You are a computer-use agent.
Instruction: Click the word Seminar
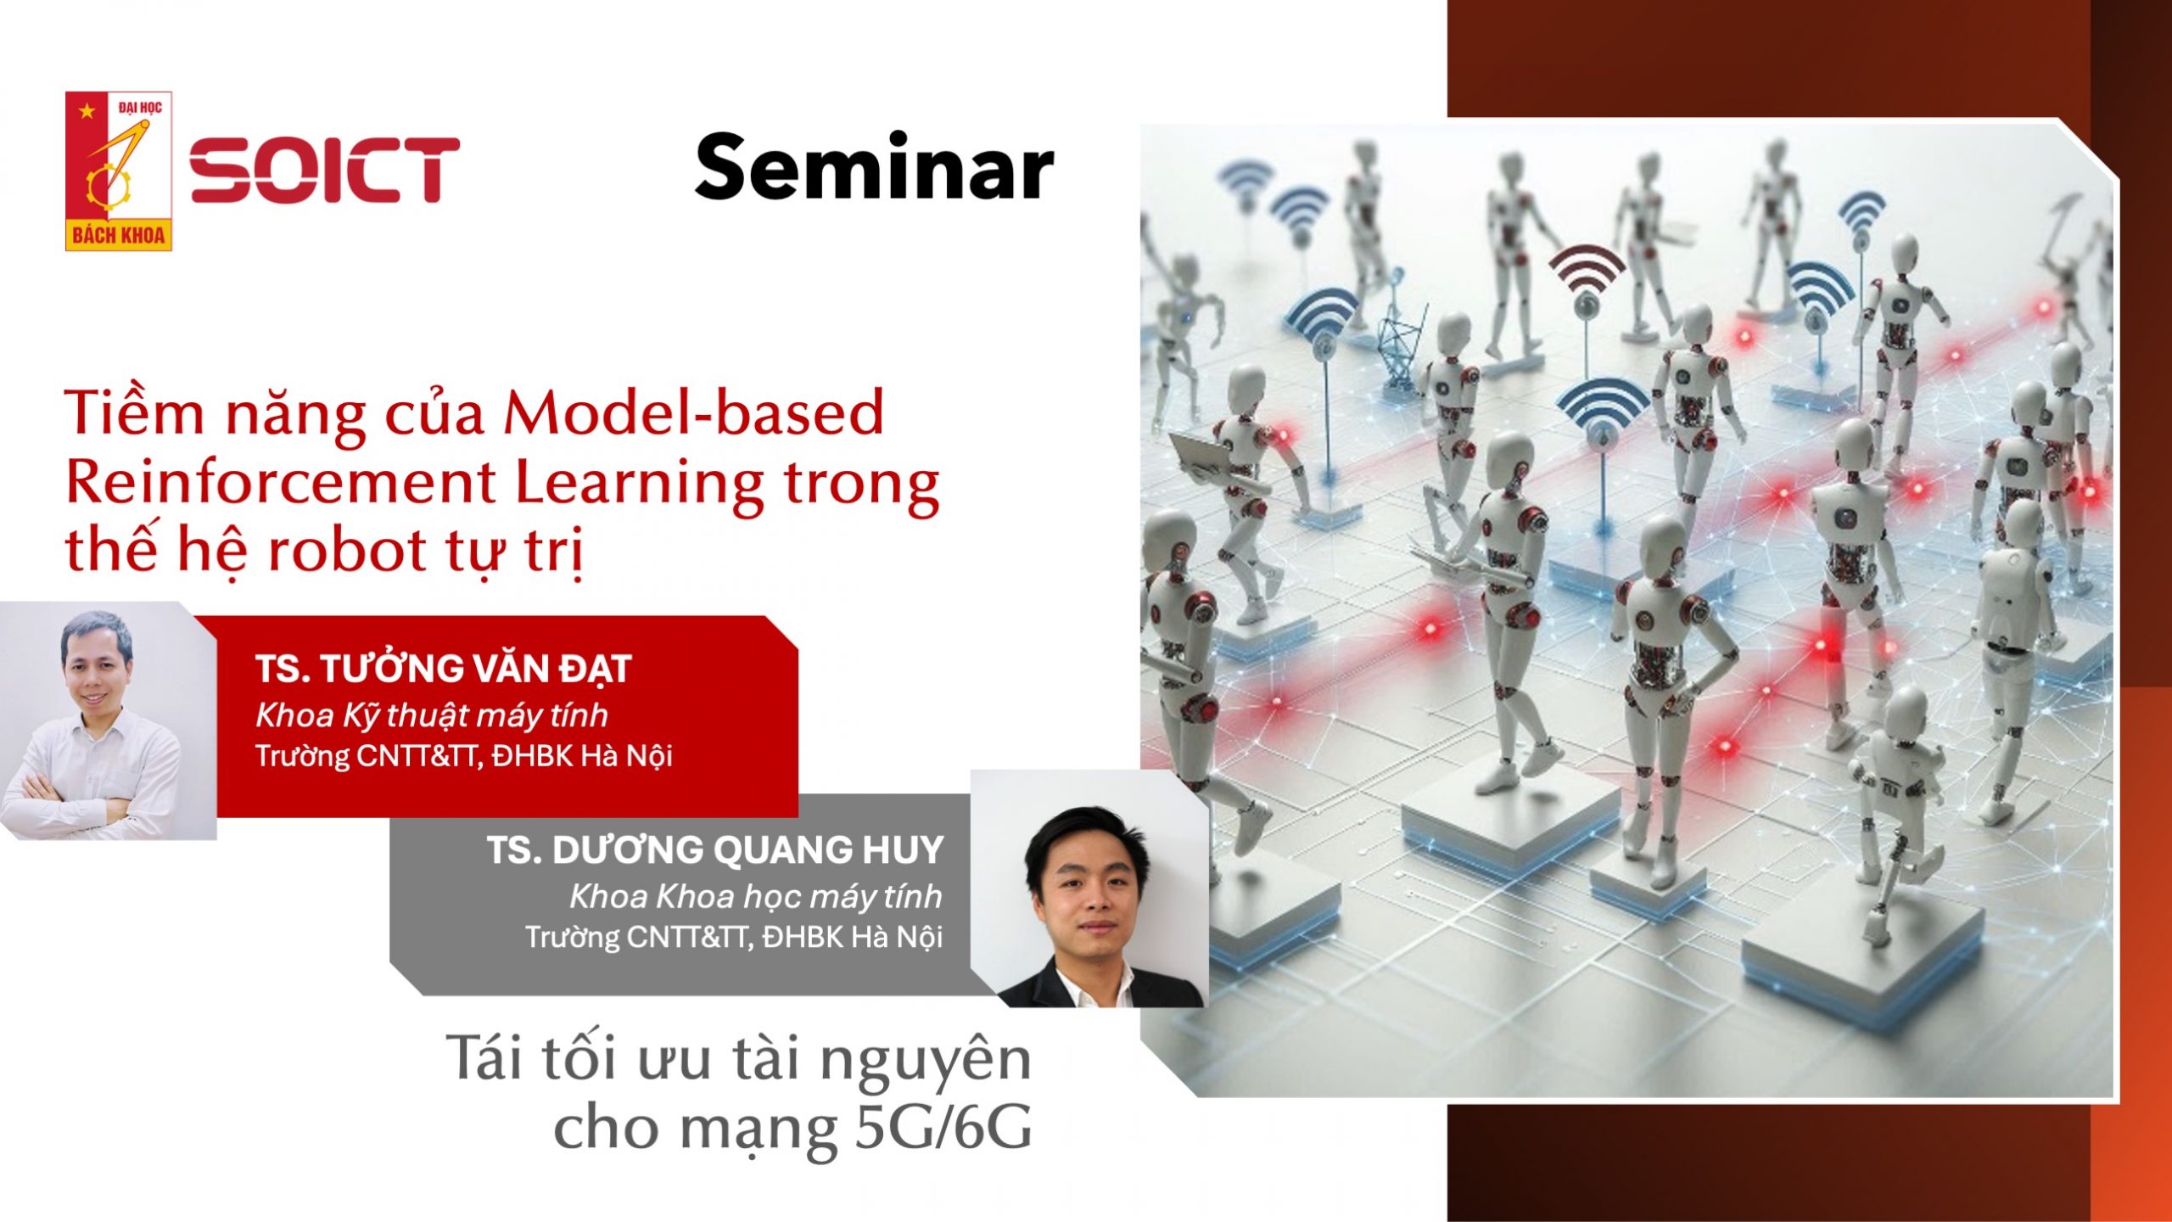point(874,168)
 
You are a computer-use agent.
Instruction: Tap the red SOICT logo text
point(324,170)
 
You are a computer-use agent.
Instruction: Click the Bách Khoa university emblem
point(119,171)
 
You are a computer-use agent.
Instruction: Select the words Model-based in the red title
point(694,412)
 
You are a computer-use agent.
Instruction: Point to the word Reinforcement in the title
point(281,483)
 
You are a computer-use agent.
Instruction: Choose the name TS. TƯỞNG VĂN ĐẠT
point(444,669)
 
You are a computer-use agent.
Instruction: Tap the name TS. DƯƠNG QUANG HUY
point(715,849)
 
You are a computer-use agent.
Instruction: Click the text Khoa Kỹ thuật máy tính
point(432,716)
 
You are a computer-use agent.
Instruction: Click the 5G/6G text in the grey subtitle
point(944,1127)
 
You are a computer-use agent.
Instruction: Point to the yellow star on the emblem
point(86,110)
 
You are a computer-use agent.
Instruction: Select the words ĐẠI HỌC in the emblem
point(140,107)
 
